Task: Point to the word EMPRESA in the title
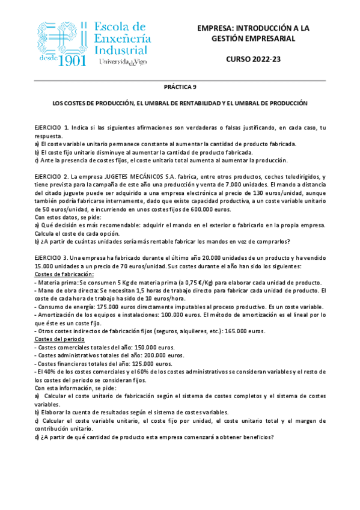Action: (x=218, y=28)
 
